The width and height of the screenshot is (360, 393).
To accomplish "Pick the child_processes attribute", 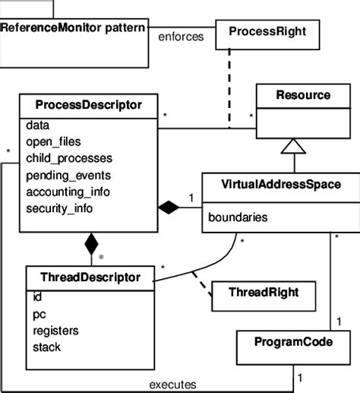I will (x=69, y=158).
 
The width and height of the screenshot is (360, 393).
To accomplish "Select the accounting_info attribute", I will (x=68, y=192).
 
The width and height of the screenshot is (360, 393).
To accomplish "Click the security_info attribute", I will (x=60, y=208).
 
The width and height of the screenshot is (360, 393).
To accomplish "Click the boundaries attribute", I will (x=237, y=217).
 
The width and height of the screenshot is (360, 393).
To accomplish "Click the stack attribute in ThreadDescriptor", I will (x=47, y=347).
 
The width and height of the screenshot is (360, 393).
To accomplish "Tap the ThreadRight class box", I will (x=254, y=291).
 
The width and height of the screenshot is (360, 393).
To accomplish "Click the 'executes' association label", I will (x=174, y=383).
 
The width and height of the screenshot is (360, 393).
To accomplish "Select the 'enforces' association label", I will (x=180, y=36).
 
